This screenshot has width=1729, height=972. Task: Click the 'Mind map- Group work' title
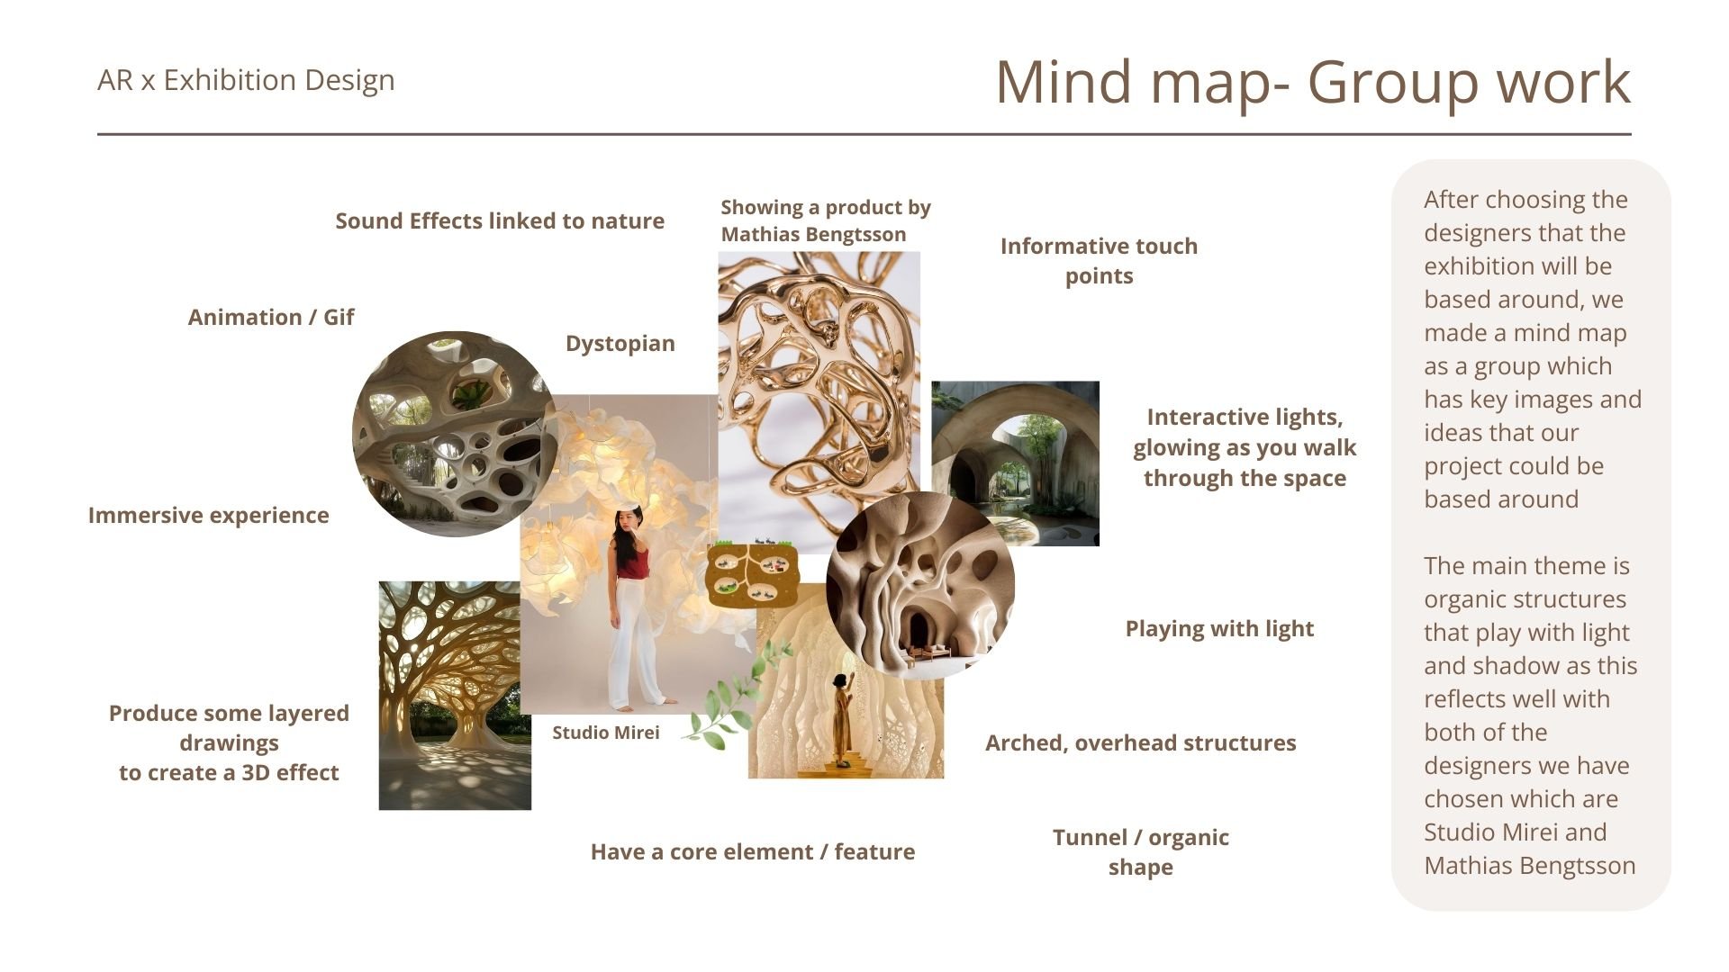(1312, 83)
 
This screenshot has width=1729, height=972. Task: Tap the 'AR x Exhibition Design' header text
(246, 80)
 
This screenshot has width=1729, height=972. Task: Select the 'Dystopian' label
(620, 344)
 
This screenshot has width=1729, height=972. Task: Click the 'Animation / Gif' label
(270, 318)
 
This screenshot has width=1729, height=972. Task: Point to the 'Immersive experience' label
(208, 516)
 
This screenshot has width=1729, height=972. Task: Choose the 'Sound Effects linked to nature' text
(500, 221)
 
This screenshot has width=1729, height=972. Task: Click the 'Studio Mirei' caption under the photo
(605, 733)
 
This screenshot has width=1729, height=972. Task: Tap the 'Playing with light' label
(1219, 629)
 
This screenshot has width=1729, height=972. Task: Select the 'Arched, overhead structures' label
(1140, 743)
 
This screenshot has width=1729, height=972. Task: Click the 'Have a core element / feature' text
(752, 852)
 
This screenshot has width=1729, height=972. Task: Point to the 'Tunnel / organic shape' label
(1140, 852)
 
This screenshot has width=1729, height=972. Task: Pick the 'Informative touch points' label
(1099, 261)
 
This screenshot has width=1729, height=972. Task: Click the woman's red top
(632, 563)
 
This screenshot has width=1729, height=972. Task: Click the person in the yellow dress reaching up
(844, 720)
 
